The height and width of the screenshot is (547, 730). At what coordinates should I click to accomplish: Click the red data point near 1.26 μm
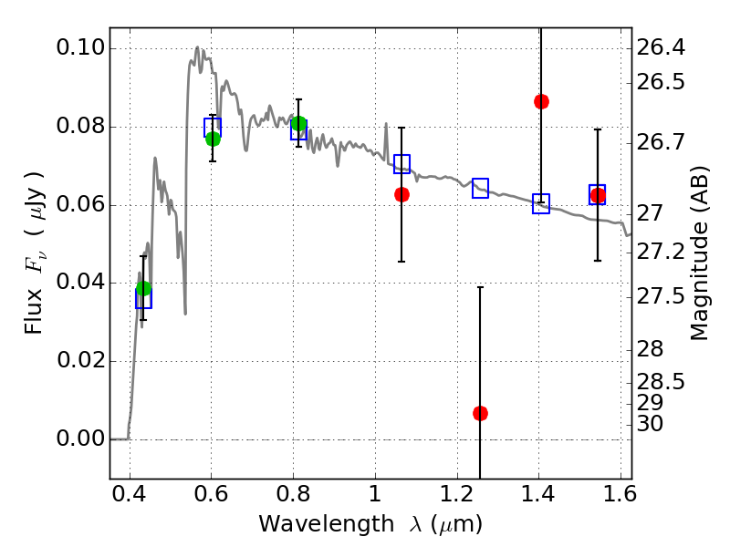click(x=480, y=413)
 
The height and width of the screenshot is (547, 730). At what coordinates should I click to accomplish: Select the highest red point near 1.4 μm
click(x=541, y=101)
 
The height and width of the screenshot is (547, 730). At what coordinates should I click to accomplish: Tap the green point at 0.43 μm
click(x=143, y=289)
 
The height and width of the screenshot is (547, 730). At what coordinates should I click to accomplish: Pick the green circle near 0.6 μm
click(x=213, y=139)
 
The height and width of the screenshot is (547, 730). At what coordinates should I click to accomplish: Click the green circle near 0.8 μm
click(x=298, y=124)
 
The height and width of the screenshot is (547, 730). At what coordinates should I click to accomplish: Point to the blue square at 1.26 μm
click(x=480, y=188)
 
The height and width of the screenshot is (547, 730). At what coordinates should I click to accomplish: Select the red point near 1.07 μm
click(x=401, y=194)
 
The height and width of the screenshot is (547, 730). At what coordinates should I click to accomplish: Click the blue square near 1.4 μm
click(x=541, y=203)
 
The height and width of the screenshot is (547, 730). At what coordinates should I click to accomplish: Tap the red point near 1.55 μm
click(x=598, y=195)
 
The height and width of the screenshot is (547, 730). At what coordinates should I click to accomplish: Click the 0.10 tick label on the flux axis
click(x=81, y=48)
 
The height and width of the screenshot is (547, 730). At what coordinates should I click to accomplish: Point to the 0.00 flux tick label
click(x=81, y=439)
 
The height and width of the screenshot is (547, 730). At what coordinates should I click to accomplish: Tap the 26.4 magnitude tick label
click(x=661, y=46)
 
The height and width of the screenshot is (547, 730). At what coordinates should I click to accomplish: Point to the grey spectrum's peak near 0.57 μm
click(x=197, y=46)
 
